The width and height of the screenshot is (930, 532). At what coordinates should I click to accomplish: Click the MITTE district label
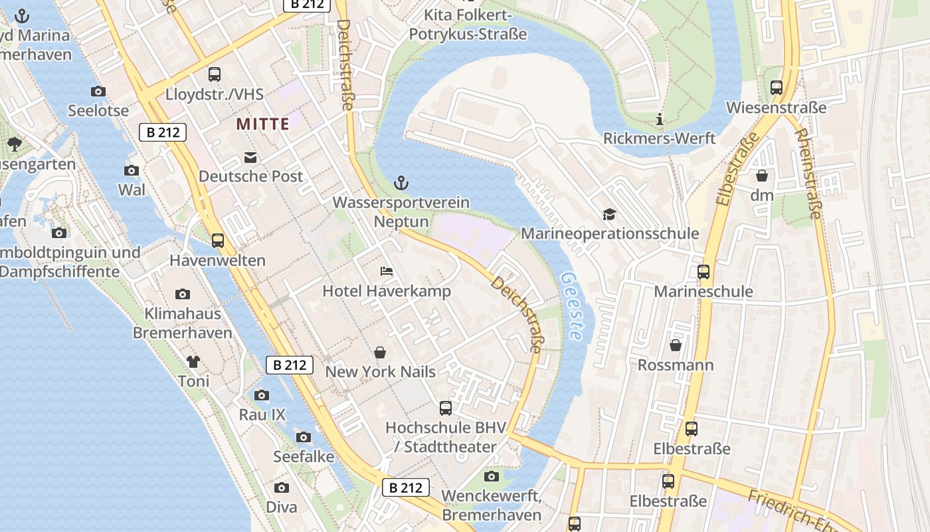[262, 124]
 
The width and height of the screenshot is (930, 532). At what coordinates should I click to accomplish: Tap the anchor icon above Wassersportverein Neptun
[401, 182]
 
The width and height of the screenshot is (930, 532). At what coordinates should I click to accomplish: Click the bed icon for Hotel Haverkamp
[387, 271]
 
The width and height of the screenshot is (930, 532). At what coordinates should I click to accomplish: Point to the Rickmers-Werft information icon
[660, 120]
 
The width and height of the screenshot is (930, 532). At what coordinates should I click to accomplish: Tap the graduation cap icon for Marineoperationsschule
[609, 214]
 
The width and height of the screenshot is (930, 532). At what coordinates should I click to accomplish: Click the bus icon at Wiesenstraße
[776, 87]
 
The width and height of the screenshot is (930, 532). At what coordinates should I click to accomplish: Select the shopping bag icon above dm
[762, 176]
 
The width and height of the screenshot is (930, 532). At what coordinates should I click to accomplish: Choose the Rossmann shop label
[676, 365]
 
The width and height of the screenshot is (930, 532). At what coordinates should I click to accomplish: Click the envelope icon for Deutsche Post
[250, 158]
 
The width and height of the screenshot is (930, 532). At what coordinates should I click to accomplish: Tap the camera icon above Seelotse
[98, 92]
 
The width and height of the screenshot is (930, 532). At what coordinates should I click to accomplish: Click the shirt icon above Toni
[193, 362]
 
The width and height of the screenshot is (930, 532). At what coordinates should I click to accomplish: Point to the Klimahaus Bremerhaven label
[183, 323]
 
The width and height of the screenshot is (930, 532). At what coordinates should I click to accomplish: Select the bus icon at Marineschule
[703, 272]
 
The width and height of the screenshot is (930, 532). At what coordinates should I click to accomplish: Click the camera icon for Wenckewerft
[492, 476]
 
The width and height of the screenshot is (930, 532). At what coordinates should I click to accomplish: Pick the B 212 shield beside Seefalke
[405, 487]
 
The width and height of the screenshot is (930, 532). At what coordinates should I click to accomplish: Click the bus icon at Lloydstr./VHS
[215, 74]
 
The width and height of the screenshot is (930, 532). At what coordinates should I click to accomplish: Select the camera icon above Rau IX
[262, 396]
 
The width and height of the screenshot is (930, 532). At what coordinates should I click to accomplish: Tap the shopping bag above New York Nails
[380, 352]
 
